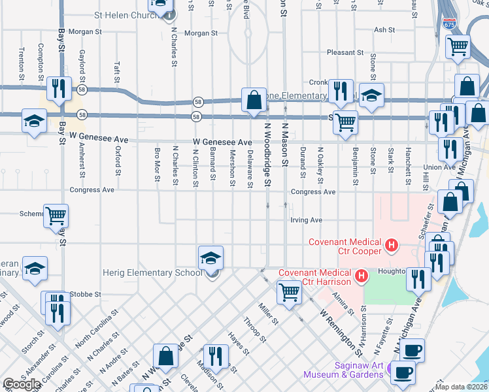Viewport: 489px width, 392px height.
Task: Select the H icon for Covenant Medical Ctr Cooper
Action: click(x=392, y=246)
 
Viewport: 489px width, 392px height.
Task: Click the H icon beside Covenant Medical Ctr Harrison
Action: click(x=360, y=278)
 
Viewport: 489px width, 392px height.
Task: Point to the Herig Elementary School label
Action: click(x=152, y=272)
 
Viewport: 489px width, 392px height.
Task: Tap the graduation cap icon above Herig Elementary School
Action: click(x=211, y=258)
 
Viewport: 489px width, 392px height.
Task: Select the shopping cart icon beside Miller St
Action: click(x=288, y=293)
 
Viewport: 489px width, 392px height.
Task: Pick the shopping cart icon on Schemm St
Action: click(x=56, y=216)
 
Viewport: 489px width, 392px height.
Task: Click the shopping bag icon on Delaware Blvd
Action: click(x=254, y=101)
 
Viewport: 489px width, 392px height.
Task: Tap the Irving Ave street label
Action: click(x=307, y=220)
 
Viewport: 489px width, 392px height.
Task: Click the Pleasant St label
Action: click(x=345, y=52)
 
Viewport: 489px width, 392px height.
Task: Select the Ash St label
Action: click(x=384, y=30)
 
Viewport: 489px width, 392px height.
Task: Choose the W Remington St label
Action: click(x=340, y=329)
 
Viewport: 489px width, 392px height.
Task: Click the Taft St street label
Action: click(x=117, y=72)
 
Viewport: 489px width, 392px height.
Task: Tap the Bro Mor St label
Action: click(x=157, y=167)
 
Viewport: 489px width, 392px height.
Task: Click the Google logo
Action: click(x=22, y=384)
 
